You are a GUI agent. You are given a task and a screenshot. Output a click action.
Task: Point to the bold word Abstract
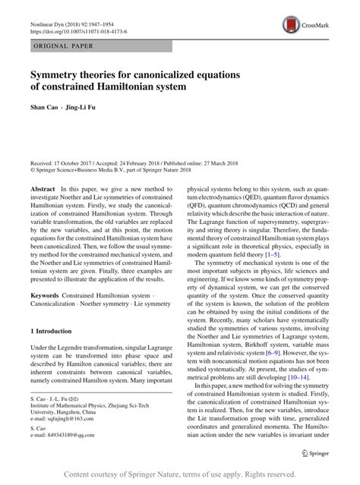pos(43,187)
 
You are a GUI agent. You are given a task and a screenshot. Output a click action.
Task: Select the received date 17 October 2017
pos(76,162)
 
